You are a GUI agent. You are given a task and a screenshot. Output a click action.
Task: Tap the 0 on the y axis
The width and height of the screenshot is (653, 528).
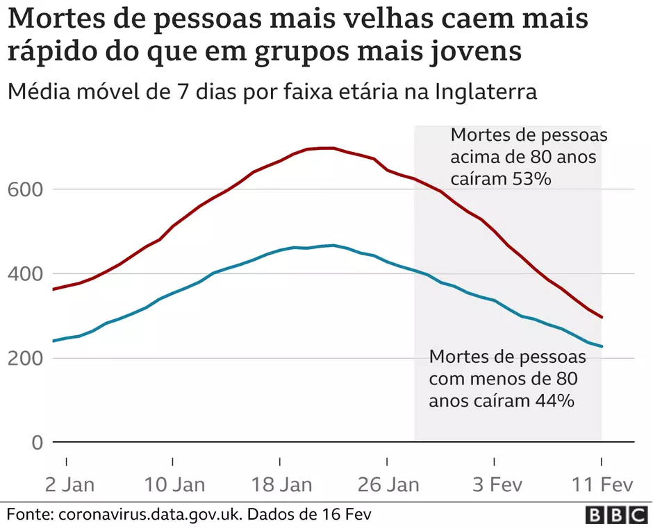tap(37, 443)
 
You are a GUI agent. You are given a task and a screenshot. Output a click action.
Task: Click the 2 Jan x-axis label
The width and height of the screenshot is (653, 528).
tap(67, 484)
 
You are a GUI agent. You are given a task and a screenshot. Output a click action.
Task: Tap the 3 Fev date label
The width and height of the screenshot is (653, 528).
tap(495, 484)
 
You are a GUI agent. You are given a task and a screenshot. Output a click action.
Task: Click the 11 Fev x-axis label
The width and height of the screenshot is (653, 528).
tap(602, 484)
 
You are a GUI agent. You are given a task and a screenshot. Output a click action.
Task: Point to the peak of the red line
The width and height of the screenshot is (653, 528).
tap(326, 148)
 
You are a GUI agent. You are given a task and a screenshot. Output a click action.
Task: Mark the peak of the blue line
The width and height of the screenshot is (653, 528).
tap(333, 245)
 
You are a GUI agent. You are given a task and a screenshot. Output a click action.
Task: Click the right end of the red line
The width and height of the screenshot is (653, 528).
tap(602, 317)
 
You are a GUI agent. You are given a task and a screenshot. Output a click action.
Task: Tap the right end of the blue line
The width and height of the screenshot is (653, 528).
tap(602, 346)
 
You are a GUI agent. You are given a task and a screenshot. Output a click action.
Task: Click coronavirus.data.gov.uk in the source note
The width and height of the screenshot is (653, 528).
tap(149, 515)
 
